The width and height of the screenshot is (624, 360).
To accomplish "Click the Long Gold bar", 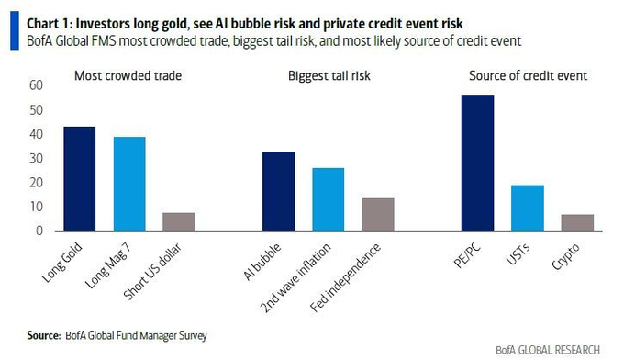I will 80,179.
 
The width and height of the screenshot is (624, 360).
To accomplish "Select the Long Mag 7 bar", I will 128,184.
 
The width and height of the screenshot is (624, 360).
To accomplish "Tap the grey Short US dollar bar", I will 179,221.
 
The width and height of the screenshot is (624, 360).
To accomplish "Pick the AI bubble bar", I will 279,191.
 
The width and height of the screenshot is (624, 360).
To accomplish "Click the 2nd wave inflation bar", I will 328,199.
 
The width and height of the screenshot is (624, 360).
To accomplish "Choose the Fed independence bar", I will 377,214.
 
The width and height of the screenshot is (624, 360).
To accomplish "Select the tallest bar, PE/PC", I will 478,163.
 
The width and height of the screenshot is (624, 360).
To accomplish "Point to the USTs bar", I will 528,208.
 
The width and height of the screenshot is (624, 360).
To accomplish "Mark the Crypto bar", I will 577,222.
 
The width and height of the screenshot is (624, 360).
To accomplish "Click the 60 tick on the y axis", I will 37,85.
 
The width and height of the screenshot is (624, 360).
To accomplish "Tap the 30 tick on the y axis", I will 37,158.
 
